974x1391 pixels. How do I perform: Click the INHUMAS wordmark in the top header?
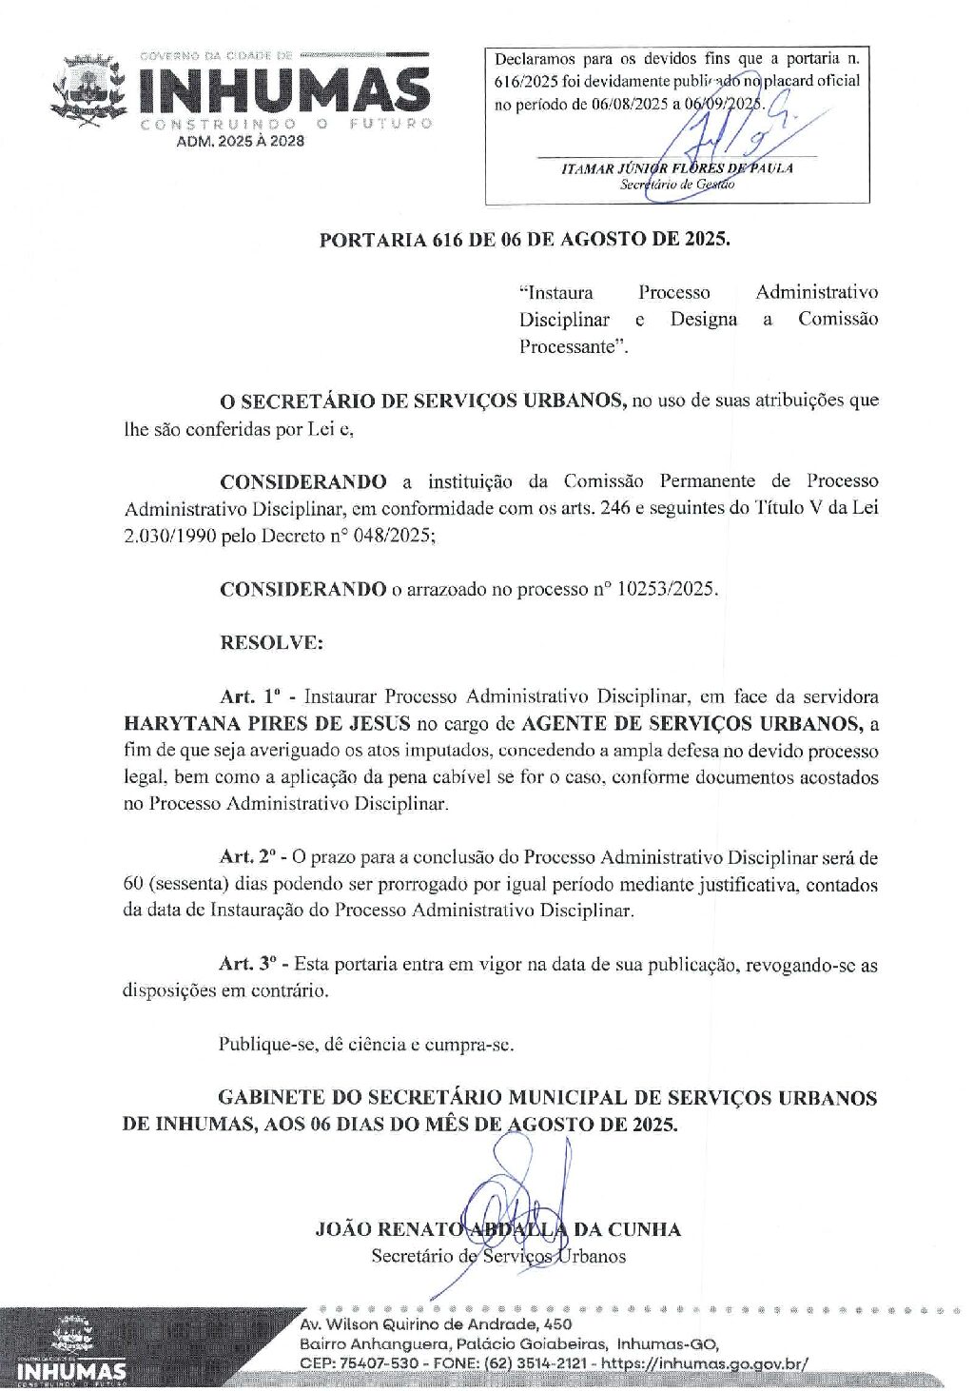283,91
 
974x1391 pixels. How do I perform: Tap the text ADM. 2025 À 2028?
240,141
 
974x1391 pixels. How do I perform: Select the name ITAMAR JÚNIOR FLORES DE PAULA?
676,168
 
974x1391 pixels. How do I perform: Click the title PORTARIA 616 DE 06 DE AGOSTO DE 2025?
525,239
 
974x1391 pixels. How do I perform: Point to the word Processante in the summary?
573,346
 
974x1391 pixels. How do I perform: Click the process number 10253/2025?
665,589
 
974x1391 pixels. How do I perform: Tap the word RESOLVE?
271,642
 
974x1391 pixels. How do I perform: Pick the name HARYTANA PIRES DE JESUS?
267,723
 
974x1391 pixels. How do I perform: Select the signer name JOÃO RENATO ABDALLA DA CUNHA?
497,1229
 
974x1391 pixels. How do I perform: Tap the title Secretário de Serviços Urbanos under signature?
498,1256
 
